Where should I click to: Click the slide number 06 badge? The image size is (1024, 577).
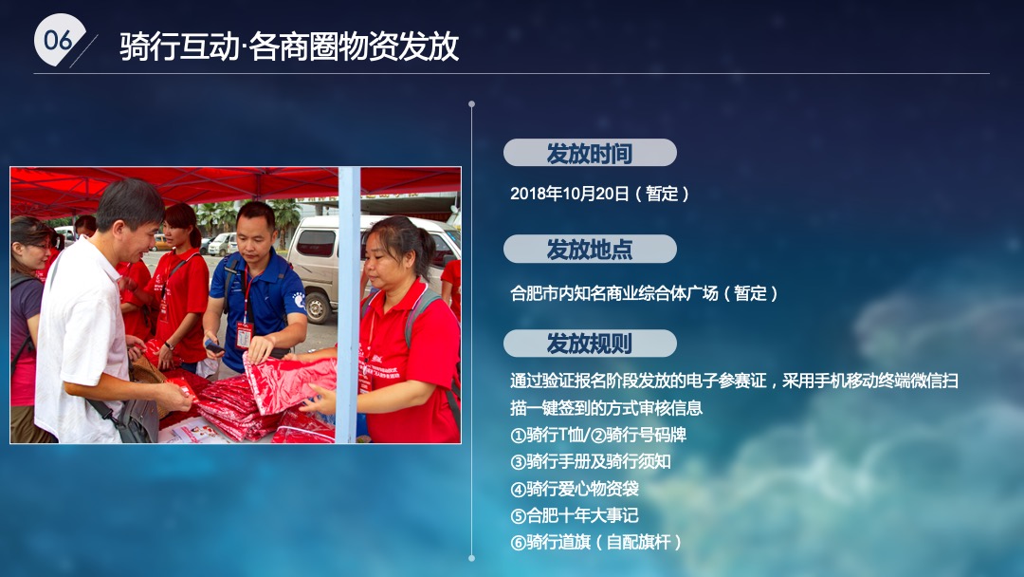tap(59, 40)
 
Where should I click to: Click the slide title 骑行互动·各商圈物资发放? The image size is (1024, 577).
tap(289, 46)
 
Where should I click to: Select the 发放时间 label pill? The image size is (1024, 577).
tap(589, 153)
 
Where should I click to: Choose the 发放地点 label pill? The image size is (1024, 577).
tap(589, 250)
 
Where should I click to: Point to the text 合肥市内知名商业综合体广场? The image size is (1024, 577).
tap(644, 293)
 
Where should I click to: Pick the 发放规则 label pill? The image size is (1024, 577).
tap(589, 344)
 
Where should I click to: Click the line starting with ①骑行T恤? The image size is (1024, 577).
tap(597, 435)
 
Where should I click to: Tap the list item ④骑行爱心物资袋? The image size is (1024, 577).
tap(574, 490)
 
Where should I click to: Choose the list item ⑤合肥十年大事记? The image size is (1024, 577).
tap(574, 516)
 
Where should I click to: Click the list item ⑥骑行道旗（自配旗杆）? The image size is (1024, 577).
tap(596, 543)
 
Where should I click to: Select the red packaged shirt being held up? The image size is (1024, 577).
tap(289, 381)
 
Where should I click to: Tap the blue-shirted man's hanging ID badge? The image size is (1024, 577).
tap(244, 333)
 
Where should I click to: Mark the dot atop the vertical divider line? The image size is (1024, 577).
tap(471, 104)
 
